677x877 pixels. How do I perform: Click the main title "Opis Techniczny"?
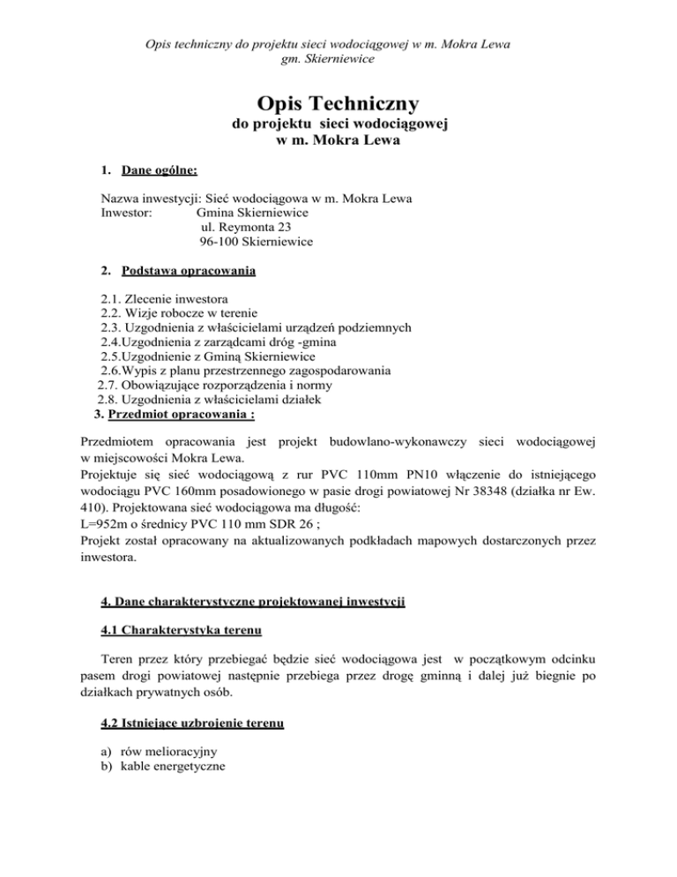pos(338,102)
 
